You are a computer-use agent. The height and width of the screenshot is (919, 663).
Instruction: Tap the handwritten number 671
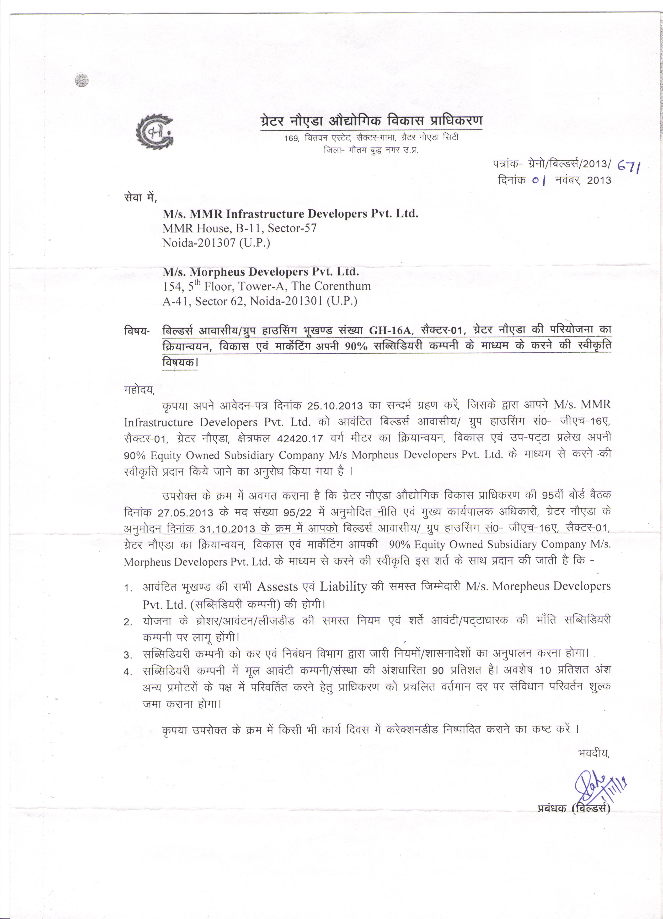[629, 165]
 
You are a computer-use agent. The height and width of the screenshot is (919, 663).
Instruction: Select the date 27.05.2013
[185, 512]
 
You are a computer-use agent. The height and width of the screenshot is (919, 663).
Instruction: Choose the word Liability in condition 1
[344, 586]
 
